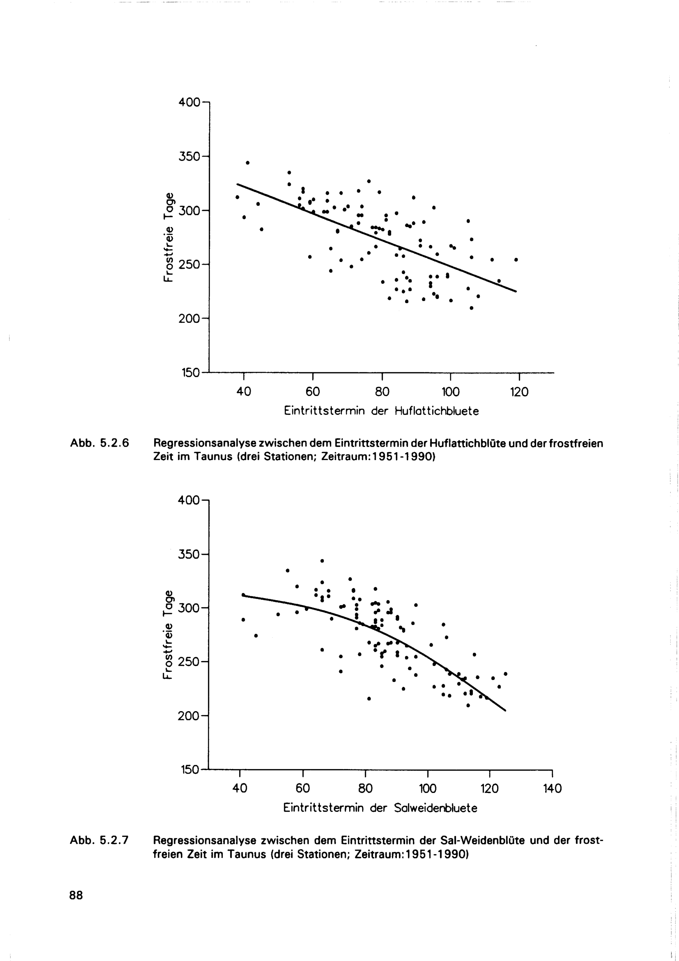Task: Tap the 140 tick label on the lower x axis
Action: pos(552,789)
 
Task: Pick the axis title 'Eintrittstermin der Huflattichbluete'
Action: pos(381,411)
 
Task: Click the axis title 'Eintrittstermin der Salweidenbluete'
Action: pos(380,808)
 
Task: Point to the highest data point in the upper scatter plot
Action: pos(247,163)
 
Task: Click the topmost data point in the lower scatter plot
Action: pos(322,561)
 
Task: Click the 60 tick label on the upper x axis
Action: pos(313,392)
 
